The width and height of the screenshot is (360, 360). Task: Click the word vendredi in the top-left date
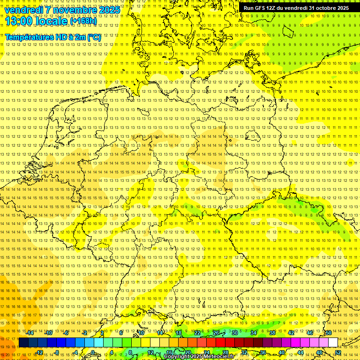[x=24, y=9]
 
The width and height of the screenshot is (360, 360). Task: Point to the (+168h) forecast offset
[x=83, y=21]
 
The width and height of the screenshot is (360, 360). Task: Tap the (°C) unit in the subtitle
[x=93, y=37]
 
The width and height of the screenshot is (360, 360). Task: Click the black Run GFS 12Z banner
[x=296, y=8]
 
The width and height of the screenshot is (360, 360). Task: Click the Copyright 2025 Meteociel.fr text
[x=199, y=357]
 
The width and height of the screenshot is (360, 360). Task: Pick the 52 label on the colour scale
[x=338, y=352]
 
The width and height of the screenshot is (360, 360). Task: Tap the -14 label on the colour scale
[x=30, y=333]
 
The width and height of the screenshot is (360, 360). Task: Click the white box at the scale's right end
[x=333, y=343]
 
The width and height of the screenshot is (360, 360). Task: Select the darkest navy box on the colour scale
[x=23, y=343]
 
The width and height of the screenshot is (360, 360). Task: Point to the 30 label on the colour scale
[x=234, y=333]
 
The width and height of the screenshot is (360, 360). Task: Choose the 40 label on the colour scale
[x=281, y=352]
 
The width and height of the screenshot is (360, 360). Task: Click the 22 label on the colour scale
[x=197, y=333]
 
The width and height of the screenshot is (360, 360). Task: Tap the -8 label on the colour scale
[x=57, y=352]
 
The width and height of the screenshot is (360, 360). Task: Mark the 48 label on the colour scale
[x=319, y=352]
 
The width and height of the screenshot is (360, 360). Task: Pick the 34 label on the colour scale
[x=253, y=333]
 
